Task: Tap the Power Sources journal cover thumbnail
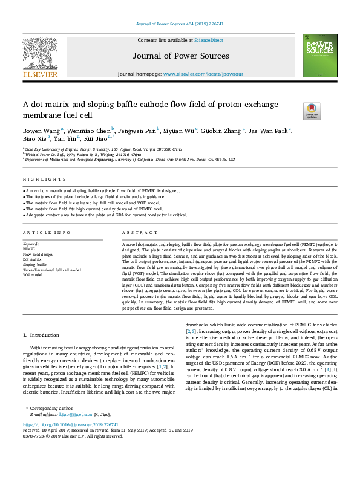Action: coord(320,55)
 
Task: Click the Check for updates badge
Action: coord(295,111)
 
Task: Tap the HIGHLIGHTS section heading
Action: coord(44,180)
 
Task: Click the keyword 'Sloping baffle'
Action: coord(34,264)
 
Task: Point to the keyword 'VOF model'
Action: coord(31,275)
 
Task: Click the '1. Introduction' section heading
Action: coord(41,334)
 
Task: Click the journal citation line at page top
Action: coord(179,24)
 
